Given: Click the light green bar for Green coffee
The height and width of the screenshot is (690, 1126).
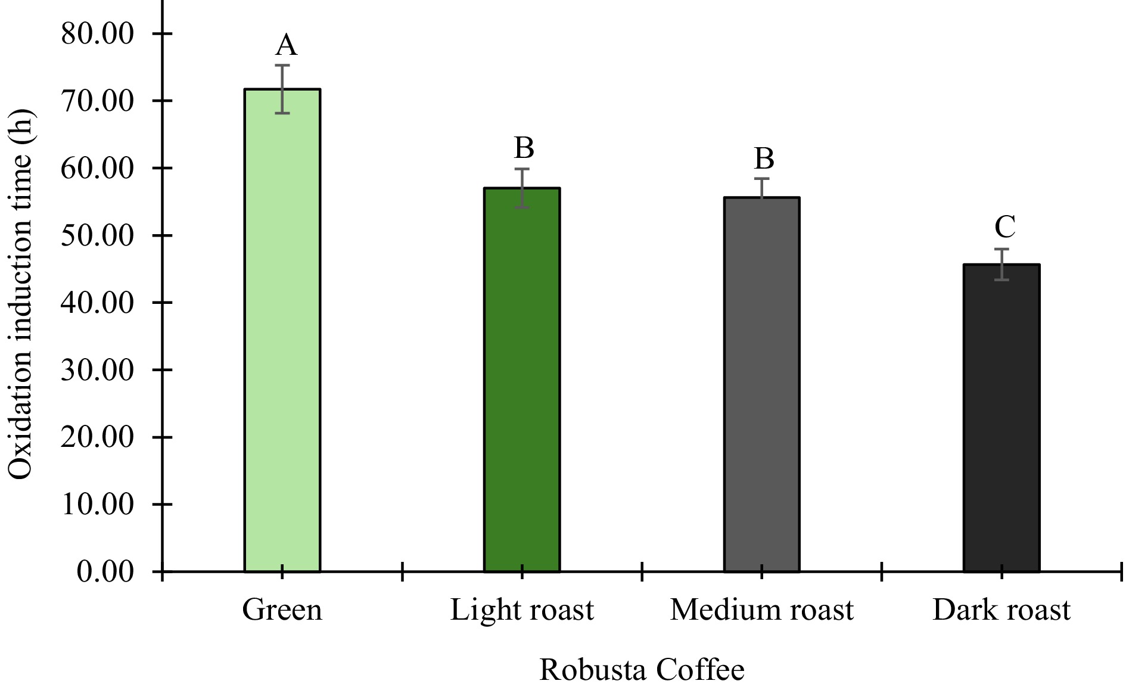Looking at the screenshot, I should pos(282,331).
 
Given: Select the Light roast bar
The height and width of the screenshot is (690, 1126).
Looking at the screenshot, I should pos(522,380).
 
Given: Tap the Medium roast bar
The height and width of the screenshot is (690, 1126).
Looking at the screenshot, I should pos(761,385).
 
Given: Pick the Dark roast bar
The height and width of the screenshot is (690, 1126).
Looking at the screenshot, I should pos(1001,418).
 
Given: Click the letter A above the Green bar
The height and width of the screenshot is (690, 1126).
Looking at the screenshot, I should pos(286,45).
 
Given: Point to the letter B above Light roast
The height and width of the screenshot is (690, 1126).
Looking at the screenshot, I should pos(524,148).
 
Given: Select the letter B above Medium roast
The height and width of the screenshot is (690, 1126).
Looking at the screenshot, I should pos(764,159).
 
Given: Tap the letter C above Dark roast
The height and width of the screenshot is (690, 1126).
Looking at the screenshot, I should pos(1005,227).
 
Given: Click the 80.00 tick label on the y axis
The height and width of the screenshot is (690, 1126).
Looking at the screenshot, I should pos(98,33).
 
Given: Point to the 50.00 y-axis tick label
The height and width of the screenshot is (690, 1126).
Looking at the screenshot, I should pos(98,235).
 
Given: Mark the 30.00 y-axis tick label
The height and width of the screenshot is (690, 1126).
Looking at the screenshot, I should pos(98,370).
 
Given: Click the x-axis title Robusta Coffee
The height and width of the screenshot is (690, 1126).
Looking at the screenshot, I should pos(642,670).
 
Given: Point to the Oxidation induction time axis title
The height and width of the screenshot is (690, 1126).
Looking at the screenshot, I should pos(21,295).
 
